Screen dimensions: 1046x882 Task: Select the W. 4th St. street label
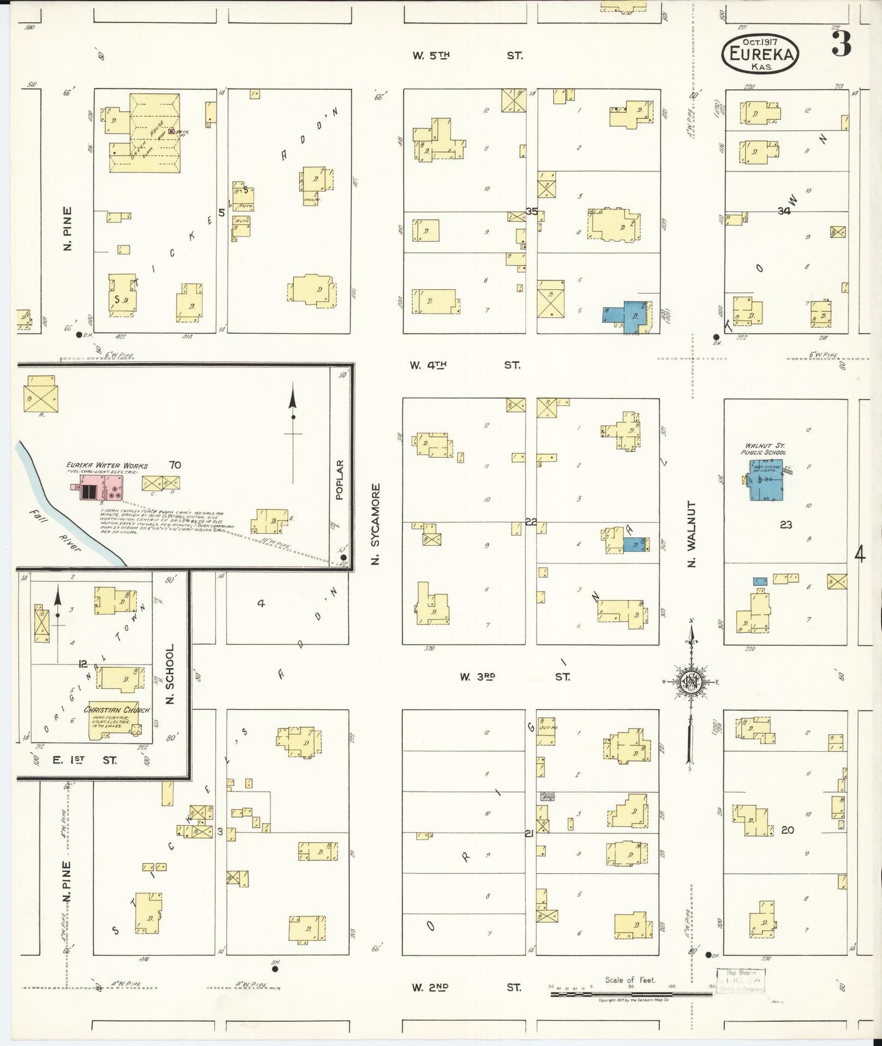[x=466, y=365]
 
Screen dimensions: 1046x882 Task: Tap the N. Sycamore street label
[x=377, y=524]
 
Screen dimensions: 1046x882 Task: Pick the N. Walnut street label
[x=692, y=535]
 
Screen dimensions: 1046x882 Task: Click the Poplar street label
[x=341, y=479]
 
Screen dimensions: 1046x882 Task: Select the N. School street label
[x=170, y=674]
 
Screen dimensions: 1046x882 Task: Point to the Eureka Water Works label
[x=107, y=466]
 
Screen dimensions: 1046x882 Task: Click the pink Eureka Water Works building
[x=101, y=489]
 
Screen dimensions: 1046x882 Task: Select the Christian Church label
[x=117, y=710]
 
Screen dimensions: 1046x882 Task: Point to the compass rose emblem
[x=692, y=682]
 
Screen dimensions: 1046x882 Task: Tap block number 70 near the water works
[x=175, y=465]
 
